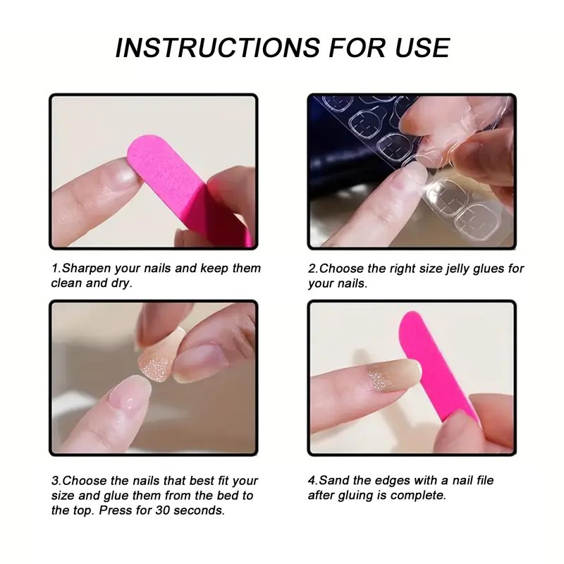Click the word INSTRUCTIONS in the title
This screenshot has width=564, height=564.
[218, 47]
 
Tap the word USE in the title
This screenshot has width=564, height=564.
[422, 47]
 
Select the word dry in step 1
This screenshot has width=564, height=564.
[120, 284]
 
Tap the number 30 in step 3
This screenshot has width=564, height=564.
[163, 510]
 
